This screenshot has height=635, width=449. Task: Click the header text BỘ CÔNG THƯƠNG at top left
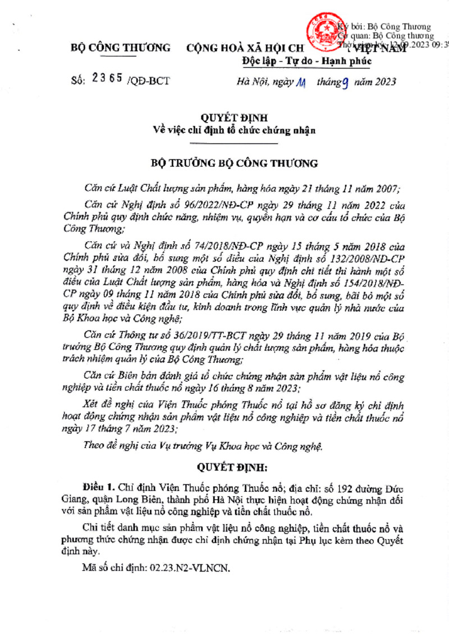tap(121, 48)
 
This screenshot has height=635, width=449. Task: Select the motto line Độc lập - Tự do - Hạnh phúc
tap(307, 61)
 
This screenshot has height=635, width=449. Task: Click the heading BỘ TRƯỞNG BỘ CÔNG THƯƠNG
tap(235, 164)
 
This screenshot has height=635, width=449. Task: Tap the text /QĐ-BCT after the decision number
tap(149, 81)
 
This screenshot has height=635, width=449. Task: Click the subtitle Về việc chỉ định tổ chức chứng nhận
tap(235, 131)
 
